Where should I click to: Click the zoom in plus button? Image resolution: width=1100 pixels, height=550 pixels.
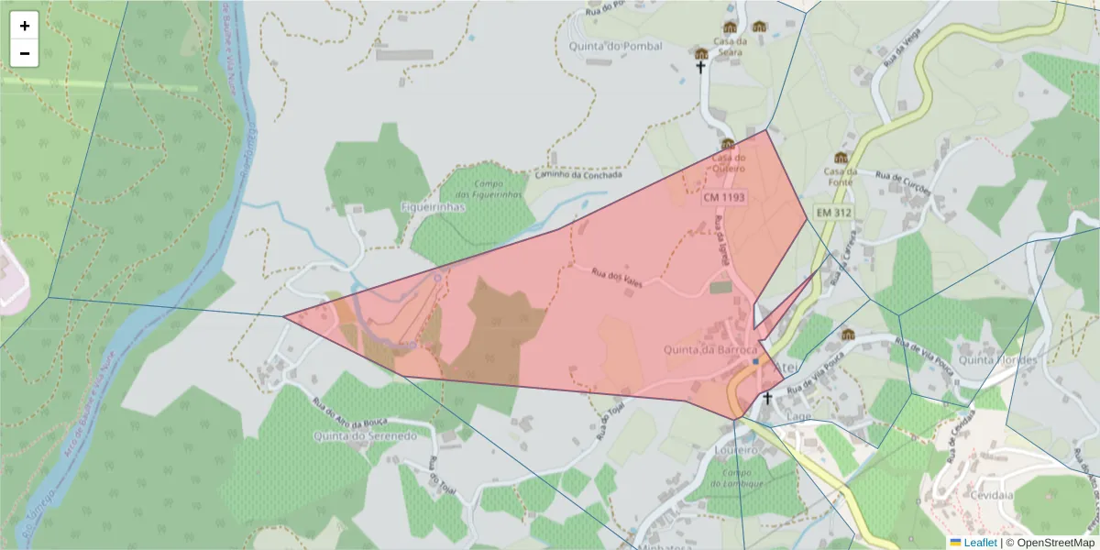pos(25,26)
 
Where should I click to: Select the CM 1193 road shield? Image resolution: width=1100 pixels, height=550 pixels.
pos(724,197)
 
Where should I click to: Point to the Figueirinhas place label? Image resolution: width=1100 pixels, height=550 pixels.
pos(434,207)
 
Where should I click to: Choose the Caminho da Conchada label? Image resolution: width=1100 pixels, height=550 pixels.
pos(578,174)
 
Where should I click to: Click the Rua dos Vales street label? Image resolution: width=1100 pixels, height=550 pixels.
pos(616,277)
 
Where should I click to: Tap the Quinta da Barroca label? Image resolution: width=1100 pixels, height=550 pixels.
pos(711,350)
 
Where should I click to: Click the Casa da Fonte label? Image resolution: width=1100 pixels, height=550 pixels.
pos(840,176)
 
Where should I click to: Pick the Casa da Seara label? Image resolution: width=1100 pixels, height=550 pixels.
pos(731,46)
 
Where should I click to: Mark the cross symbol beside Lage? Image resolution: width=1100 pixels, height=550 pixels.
pos(767,399)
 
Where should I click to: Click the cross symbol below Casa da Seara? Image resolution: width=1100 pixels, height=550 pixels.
pos(700,67)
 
